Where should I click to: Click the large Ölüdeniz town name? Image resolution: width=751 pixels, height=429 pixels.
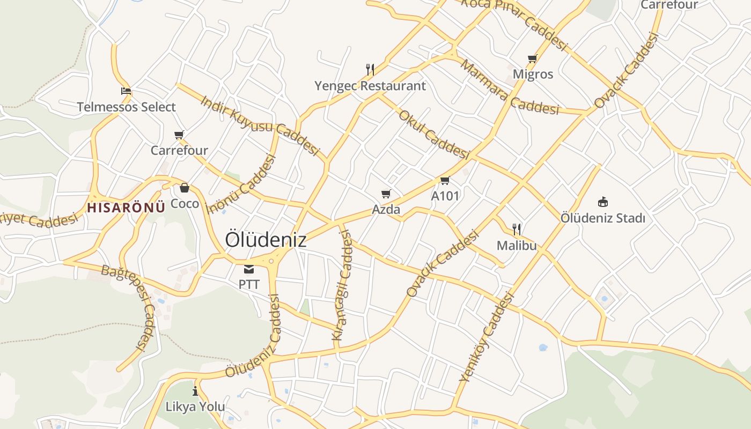pos(266,240)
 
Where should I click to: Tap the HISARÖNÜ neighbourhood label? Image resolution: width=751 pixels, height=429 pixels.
pos(126,208)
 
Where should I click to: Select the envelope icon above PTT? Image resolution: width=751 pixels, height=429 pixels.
pos(248,269)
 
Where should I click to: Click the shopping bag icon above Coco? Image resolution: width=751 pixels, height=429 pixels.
pos(185,188)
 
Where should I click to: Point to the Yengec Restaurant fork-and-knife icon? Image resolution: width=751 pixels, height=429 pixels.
pos(370,69)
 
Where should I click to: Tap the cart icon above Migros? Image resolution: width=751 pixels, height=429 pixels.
pos(532,58)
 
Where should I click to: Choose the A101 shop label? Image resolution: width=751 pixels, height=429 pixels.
pos(445,196)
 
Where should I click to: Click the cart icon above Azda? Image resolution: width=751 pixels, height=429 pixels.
pos(386,194)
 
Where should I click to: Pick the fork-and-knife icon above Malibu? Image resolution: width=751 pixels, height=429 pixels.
pos(517,230)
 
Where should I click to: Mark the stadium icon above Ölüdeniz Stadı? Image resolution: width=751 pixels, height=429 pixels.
pos(602,202)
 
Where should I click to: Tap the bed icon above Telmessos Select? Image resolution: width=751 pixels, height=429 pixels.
pos(126,91)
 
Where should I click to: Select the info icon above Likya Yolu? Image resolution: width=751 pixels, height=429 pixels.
pos(195,391)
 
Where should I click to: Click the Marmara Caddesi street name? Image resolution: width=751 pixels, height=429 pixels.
pos(510,88)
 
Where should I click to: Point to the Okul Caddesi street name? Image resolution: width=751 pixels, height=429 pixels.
pos(434,134)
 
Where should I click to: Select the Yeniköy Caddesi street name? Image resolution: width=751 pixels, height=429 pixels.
pos(487,337)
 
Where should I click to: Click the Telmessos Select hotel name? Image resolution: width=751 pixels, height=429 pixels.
pos(126,107)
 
